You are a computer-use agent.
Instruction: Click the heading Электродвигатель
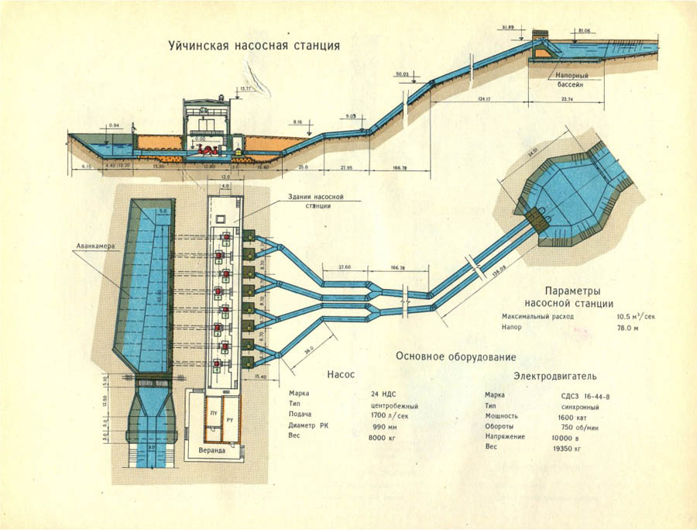click(x=555, y=377)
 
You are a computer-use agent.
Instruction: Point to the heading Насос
click(x=340, y=374)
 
